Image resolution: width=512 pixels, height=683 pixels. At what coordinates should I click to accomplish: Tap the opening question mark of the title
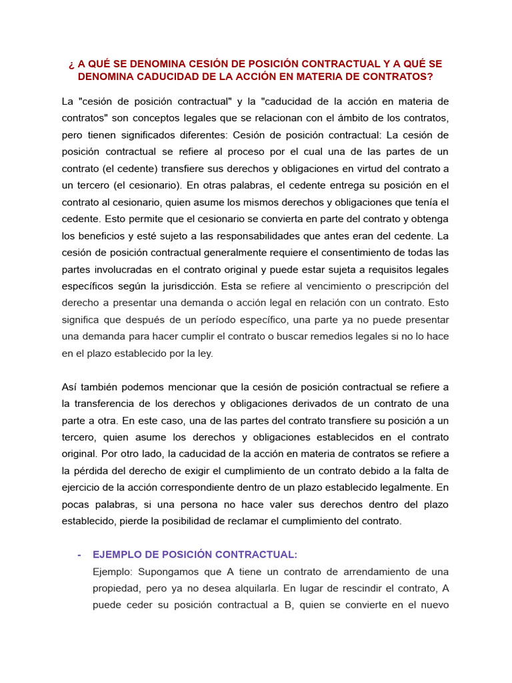tap(70, 64)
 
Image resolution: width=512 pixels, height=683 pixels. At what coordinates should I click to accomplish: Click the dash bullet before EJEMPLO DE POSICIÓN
tap(79, 554)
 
